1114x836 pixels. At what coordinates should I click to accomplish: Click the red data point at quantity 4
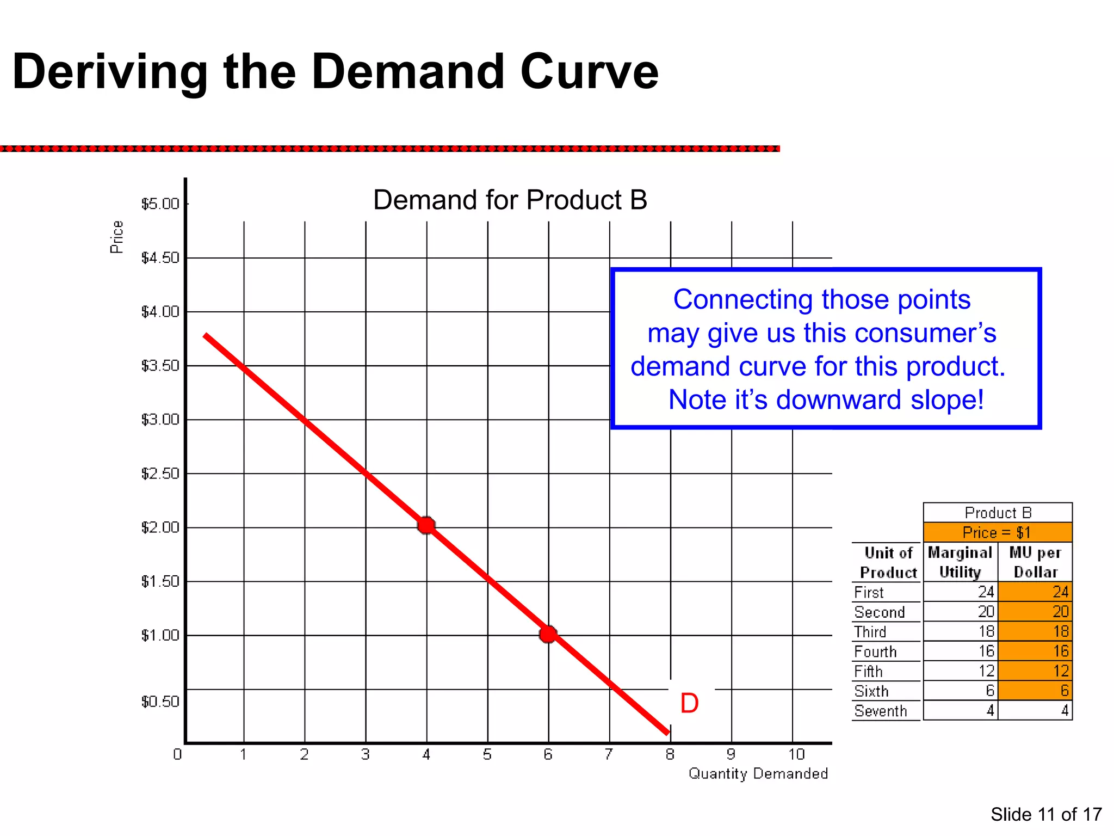[x=426, y=525]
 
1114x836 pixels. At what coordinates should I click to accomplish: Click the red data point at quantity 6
[x=548, y=634]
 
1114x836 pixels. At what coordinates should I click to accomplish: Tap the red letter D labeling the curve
[x=689, y=703]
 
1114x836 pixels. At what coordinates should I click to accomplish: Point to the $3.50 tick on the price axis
[x=160, y=366]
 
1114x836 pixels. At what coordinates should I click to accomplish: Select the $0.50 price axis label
[x=160, y=702]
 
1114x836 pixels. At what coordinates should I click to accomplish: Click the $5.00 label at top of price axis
[x=160, y=204]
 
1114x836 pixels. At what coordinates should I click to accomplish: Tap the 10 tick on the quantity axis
[x=796, y=754]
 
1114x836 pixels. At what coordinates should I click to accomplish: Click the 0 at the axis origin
[x=177, y=754]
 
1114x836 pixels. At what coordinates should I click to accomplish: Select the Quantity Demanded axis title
[x=758, y=773]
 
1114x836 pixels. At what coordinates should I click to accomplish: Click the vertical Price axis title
[x=117, y=237]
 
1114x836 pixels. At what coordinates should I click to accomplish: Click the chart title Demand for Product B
[x=510, y=200]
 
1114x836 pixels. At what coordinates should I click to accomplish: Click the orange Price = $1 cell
[x=997, y=532]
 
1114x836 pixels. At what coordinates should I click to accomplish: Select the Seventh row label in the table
[x=881, y=711]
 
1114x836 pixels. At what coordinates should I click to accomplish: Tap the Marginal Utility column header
[x=960, y=562]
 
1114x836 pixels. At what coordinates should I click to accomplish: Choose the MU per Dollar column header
[x=1035, y=562]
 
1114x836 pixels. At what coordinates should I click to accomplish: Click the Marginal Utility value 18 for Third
[x=986, y=631]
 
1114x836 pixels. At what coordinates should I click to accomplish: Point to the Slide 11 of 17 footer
[x=1045, y=814]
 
